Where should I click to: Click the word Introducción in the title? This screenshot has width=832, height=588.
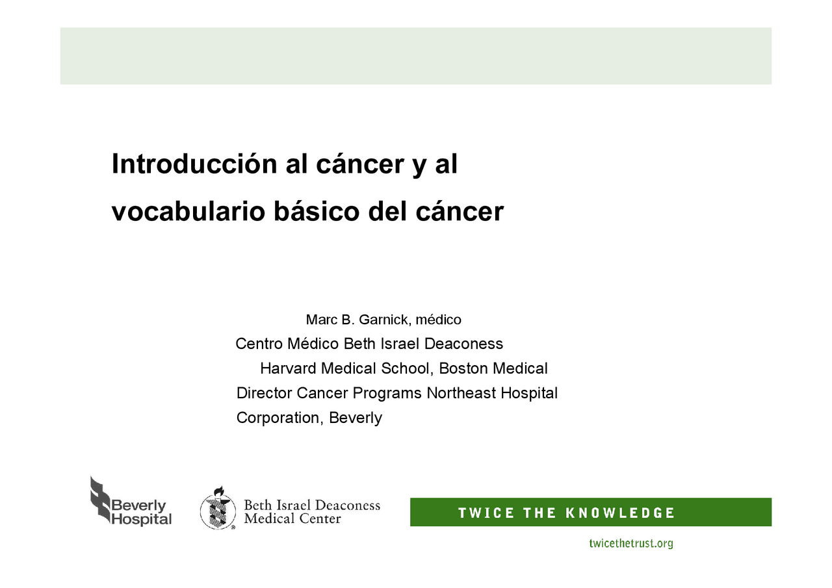tap(194, 163)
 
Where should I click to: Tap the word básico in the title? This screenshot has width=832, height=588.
tap(317, 211)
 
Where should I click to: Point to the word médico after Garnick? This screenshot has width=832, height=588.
tap(438, 320)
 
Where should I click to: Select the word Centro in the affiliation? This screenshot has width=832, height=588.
tap(259, 344)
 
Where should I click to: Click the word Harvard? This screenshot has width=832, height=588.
tap(288, 368)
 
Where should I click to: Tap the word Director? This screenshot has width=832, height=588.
tap(265, 393)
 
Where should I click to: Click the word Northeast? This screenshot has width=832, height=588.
tap(461, 393)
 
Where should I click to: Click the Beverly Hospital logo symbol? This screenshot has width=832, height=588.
tap(100, 499)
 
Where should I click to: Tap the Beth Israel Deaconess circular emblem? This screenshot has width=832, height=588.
tap(218, 509)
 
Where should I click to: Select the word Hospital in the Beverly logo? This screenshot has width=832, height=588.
tap(142, 519)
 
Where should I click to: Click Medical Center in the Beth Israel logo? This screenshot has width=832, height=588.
tap(292, 518)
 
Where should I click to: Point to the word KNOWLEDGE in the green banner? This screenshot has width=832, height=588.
tap(619, 513)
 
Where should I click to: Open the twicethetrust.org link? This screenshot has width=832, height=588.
tap(631, 543)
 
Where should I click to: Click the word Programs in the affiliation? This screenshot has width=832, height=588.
tap(387, 394)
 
